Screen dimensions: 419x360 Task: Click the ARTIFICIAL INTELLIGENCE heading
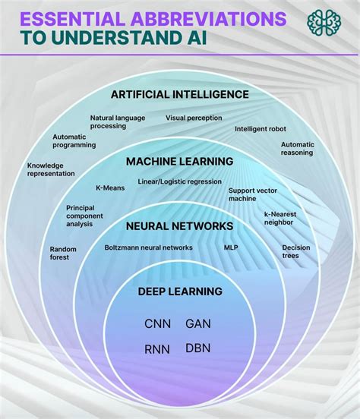tap(179, 94)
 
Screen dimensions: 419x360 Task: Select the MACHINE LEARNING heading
tap(179, 162)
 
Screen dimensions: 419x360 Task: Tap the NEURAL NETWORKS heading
tap(179, 225)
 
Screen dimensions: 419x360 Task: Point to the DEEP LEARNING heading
tap(180, 291)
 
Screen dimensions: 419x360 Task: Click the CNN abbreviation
tap(158, 323)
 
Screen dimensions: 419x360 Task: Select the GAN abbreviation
tap(198, 323)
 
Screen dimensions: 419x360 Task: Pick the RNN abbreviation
tap(158, 349)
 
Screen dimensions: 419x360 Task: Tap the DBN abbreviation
tap(198, 348)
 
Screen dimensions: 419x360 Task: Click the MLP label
tap(231, 247)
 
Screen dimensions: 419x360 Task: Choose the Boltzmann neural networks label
tap(148, 247)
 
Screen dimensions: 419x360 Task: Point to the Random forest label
tap(60, 253)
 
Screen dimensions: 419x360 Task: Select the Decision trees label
tap(295, 251)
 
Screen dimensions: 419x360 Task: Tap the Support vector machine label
tap(251, 194)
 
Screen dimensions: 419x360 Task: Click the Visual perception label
tap(194, 118)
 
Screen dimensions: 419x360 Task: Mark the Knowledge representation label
tap(51, 169)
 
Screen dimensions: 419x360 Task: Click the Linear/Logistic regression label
tap(179, 182)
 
